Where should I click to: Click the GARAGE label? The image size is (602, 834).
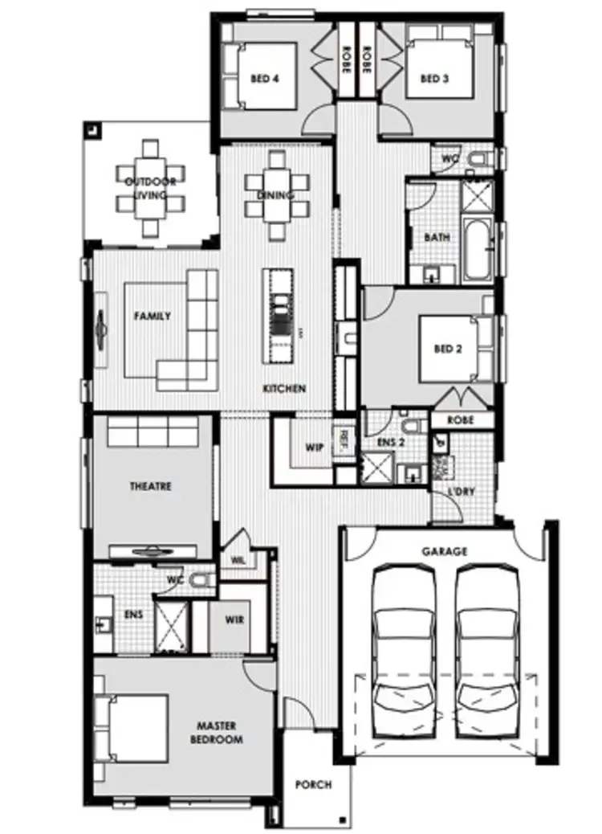444,552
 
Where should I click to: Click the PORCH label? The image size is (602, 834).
312,785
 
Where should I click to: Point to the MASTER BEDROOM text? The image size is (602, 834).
214,733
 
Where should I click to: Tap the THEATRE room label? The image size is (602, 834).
151,486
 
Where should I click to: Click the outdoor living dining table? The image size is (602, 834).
150,189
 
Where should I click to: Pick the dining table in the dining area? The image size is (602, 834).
276,195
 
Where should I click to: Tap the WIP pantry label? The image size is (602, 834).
315,447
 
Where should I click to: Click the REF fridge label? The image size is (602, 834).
344,440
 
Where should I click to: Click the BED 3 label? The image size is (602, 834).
433,79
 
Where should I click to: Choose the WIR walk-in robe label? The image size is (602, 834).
235,620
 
